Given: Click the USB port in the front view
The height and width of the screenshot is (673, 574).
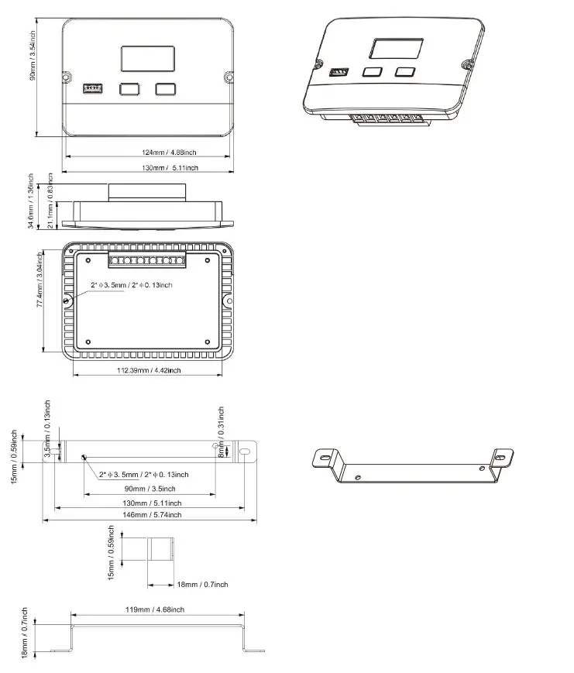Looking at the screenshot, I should [x=91, y=88].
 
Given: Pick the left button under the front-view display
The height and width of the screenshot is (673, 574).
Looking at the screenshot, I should [x=129, y=89].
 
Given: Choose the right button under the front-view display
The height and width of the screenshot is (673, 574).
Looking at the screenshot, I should [x=165, y=89].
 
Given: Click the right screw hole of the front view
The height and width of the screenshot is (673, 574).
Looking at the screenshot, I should [x=229, y=77].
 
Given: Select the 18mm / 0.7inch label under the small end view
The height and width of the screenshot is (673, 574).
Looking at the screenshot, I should [x=201, y=584].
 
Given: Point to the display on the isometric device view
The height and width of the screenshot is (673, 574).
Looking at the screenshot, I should [x=395, y=49].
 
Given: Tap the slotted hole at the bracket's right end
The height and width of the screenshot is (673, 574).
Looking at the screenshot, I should [x=246, y=452].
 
